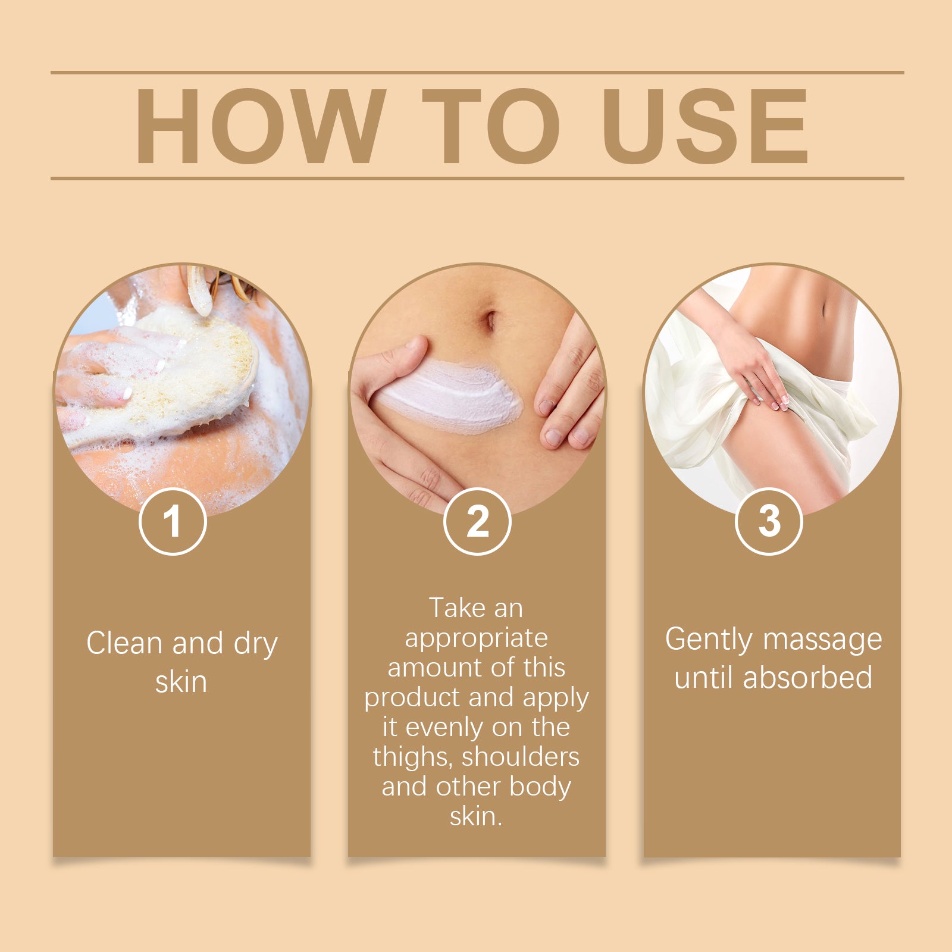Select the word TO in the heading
[x=491, y=126]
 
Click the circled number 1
[x=173, y=521]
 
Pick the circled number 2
[x=477, y=521]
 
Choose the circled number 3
[x=769, y=521]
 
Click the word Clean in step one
[x=124, y=643]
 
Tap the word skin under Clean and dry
[x=181, y=682]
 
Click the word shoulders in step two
[x=521, y=757]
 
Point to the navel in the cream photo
[x=490, y=320]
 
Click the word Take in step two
[x=452, y=608]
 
